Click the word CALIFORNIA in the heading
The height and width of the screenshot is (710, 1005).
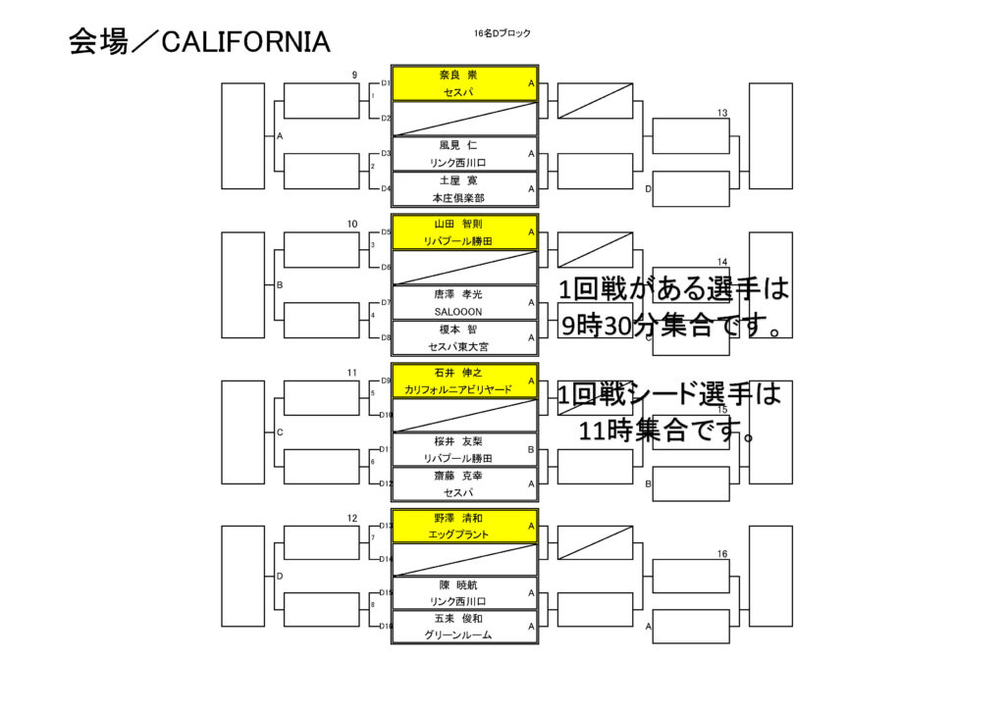pos(244,41)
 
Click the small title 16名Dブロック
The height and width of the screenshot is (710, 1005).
pos(502,33)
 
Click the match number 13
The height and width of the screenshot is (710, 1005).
pos(722,114)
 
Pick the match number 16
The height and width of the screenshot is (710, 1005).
pos(722,554)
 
